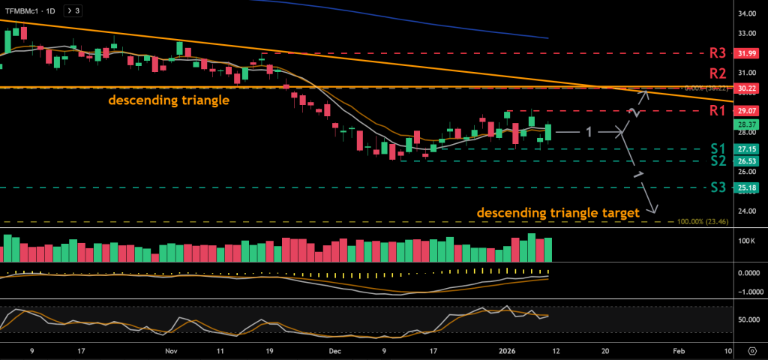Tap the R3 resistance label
click(718, 53)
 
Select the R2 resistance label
click(718, 73)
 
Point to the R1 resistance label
click(718, 111)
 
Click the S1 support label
click(718, 148)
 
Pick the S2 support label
click(718, 160)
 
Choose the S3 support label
click(718, 187)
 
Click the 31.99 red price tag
click(746, 54)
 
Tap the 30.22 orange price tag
click(746, 88)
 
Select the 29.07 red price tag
click(746, 111)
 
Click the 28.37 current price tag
click(746, 124)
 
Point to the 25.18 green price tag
click(746, 187)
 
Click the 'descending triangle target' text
click(558, 212)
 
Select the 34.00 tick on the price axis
click(746, 14)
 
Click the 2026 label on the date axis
click(508, 350)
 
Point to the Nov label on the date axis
click(171, 350)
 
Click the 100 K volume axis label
click(746, 241)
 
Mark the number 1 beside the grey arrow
click(589, 132)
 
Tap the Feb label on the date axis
click(678, 350)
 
